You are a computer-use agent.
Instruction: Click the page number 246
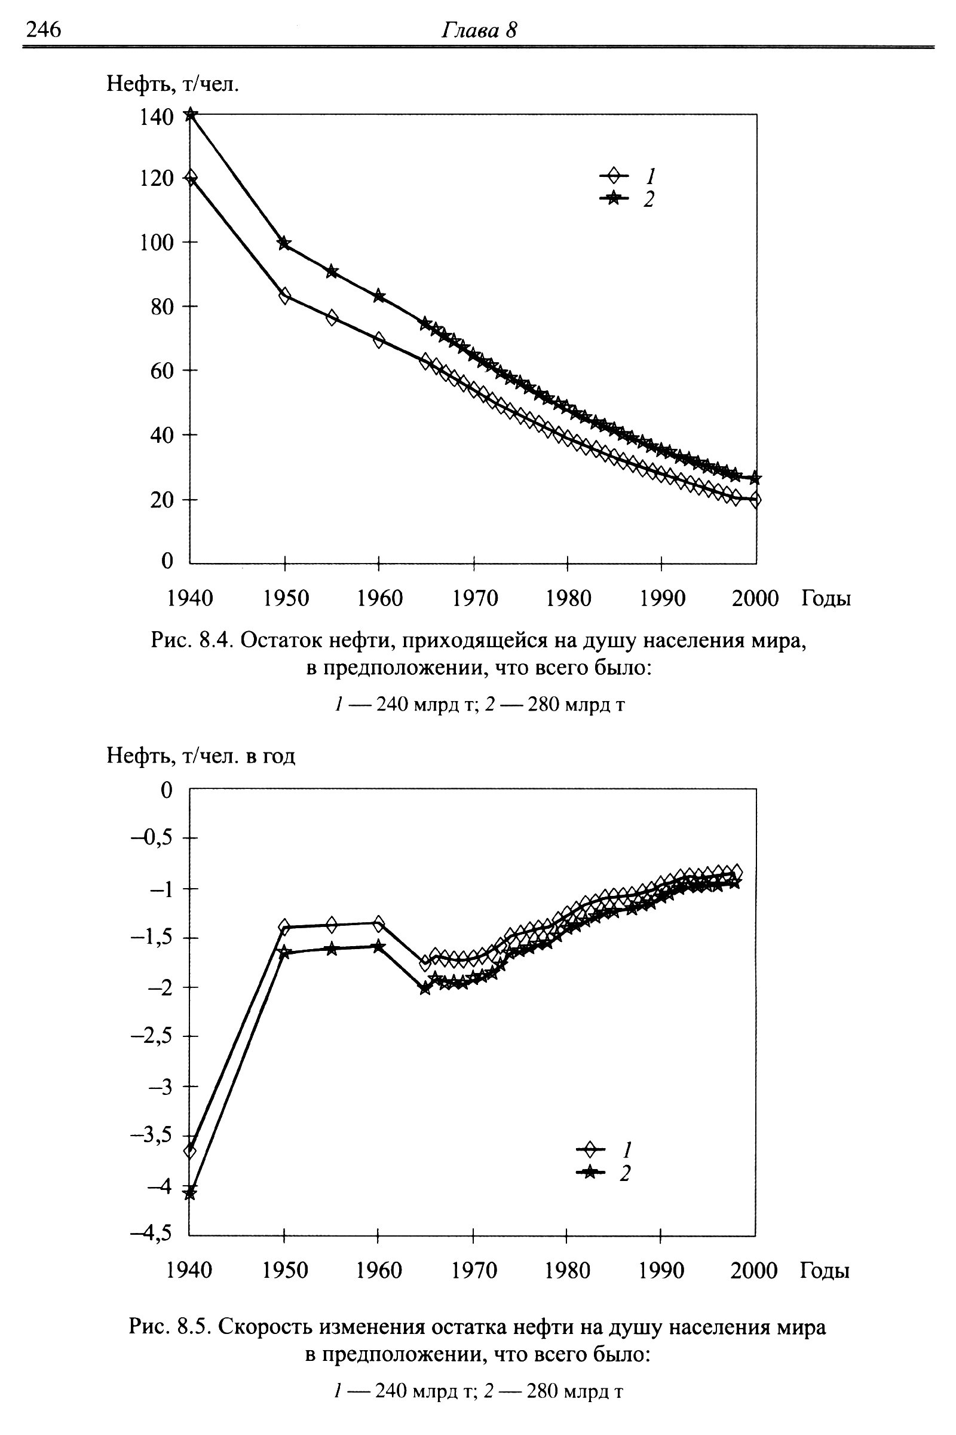click(x=43, y=29)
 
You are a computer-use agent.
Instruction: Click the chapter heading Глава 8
click(x=479, y=30)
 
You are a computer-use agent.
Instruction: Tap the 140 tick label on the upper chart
click(x=157, y=117)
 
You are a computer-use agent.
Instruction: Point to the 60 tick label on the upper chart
click(x=162, y=371)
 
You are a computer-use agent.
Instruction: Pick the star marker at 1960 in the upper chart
click(x=379, y=296)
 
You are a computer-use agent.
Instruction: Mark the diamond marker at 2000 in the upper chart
click(x=755, y=500)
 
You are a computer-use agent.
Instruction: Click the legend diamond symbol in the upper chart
click(x=614, y=176)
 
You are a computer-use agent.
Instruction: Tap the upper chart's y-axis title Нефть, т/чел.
click(x=173, y=84)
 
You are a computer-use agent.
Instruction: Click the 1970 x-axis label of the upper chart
click(x=475, y=598)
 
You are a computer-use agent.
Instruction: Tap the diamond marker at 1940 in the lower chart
click(x=189, y=1151)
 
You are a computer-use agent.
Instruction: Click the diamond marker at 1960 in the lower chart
click(x=379, y=923)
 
